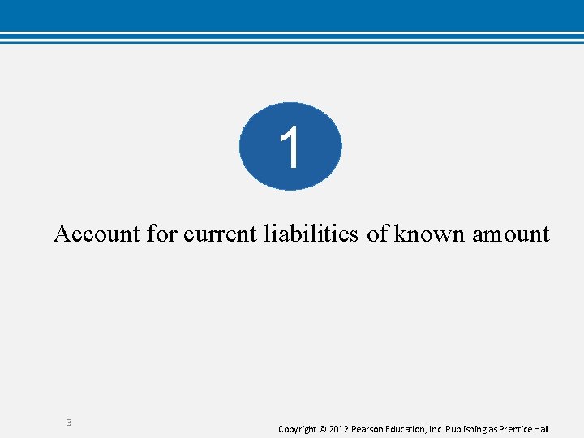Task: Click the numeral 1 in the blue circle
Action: [290, 148]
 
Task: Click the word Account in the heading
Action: [97, 234]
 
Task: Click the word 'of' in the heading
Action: [377, 234]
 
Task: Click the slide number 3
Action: [69, 423]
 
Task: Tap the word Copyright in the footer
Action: [297, 428]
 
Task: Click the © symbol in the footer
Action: [322, 428]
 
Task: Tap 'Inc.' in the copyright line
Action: [439, 428]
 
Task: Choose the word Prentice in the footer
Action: [519, 428]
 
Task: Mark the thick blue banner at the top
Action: [292, 14]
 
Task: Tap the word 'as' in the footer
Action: [496, 428]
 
